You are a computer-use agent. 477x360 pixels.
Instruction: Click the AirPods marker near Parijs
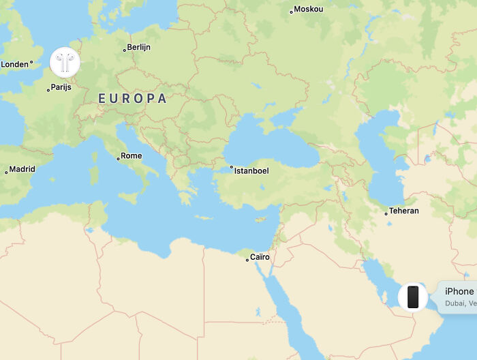[x=65, y=63]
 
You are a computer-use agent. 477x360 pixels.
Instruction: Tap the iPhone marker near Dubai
[x=412, y=297]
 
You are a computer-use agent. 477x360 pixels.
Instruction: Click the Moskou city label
[x=309, y=10]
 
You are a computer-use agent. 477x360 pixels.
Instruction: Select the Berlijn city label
[x=139, y=48]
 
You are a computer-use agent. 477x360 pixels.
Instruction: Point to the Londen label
[x=14, y=64]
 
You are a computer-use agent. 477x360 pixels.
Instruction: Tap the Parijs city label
[x=61, y=87]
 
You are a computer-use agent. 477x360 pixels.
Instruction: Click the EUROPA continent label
[x=132, y=98]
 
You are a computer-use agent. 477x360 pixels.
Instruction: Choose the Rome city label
[x=132, y=155]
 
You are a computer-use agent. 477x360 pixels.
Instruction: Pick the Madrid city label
[x=22, y=169]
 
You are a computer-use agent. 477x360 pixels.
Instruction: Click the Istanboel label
[x=251, y=170]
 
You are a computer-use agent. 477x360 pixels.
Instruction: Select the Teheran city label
[x=404, y=211]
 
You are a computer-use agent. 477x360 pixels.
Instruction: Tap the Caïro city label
[x=260, y=257]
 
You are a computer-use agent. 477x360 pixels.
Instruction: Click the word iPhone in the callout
[x=459, y=291]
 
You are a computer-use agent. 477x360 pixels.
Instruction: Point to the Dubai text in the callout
[x=454, y=303]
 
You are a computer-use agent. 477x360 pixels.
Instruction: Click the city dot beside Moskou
[x=292, y=11]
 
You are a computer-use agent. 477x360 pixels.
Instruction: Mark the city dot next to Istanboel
[x=232, y=167]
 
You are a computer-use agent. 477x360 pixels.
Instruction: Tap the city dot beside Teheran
[x=386, y=213]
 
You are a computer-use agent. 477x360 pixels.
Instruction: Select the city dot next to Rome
[x=118, y=158]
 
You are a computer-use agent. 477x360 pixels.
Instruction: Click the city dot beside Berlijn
[x=125, y=49]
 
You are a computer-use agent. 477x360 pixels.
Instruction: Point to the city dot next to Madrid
[x=6, y=172]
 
